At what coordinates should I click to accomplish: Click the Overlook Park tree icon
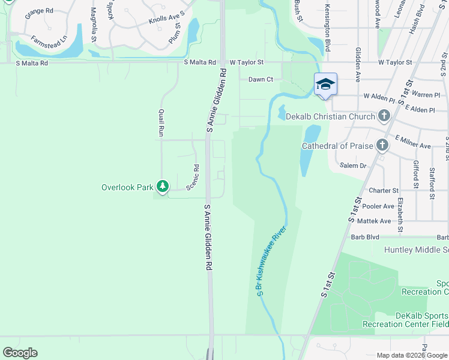(162, 187)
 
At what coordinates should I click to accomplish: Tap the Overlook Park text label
(127, 187)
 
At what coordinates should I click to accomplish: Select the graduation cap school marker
(325, 85)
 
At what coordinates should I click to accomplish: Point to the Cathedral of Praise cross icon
(382, 145)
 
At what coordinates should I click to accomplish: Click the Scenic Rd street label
(193, 178)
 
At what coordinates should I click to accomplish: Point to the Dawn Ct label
(261, 79)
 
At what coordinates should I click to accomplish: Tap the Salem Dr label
(352, 166)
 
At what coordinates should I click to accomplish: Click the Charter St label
(383, 190)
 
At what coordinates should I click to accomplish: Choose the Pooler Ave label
(377, 206)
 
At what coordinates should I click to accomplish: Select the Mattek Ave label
(376, 221)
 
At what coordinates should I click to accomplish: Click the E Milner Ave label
(412, 146)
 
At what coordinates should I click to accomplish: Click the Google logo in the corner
(20, 353)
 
